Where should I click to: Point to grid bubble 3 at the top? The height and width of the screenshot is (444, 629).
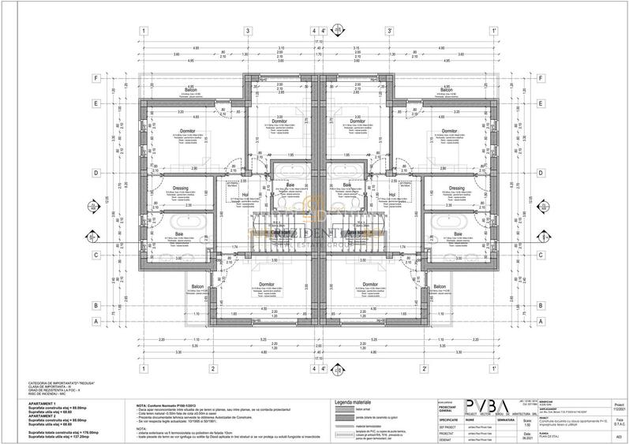247,31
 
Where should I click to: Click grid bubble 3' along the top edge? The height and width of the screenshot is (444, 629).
388,31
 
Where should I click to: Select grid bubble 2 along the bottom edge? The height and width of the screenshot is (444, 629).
213,368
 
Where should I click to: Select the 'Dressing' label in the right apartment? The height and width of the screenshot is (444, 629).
455,188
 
